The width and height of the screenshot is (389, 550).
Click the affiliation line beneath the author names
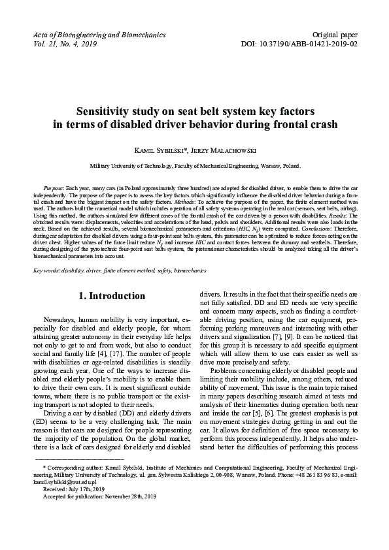195,167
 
